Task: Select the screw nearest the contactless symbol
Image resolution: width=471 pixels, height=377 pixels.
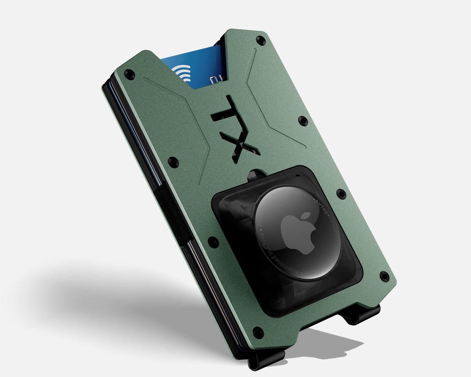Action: (128, 74)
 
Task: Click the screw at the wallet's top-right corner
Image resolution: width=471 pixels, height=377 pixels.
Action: (260, 40)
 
